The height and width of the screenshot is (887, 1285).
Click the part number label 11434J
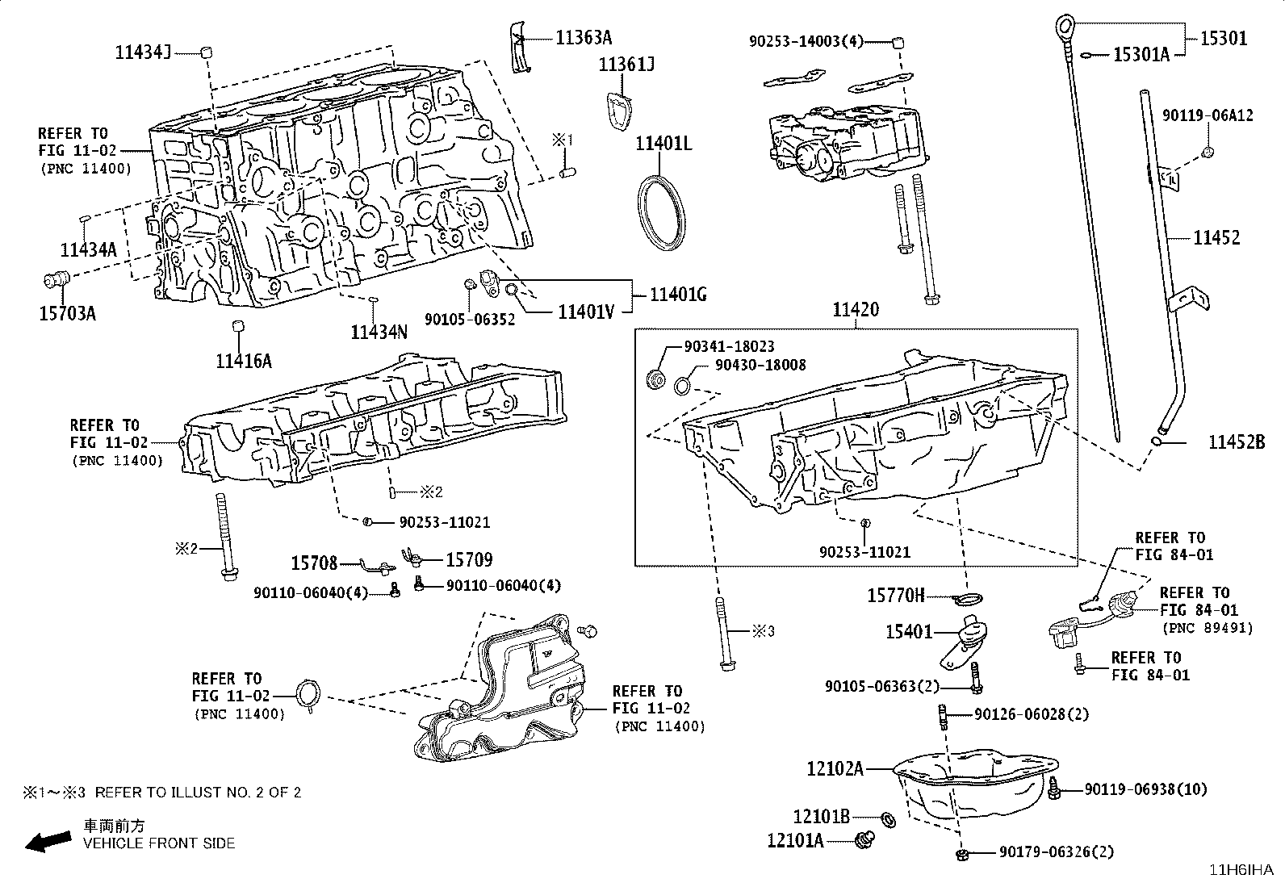(x=144, y=52)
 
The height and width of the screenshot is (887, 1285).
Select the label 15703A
(x=68, y=313)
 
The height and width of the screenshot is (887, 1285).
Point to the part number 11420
(x=856, y=310)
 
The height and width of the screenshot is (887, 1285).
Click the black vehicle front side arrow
(x=48, y=841)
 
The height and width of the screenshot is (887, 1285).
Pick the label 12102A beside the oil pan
(x=835, y=768)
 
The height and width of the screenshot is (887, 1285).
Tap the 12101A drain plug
(x=865, y=840)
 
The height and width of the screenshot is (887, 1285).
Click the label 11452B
(x=1237, y=441)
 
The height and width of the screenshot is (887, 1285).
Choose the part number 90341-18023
(x=729, y=346)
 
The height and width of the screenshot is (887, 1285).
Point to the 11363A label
(x=584, y=38)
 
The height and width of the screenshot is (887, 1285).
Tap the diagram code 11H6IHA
(x=1241, y=870)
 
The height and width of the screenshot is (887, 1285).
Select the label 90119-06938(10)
(x=1145, y=789)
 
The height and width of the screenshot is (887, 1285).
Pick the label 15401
(x=909, y=632)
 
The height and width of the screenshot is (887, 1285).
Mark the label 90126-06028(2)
(x=1032, y=714)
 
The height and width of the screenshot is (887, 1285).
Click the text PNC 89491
(x=1208, y=628)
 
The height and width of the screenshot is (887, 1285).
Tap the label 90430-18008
(x=760, y=365)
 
